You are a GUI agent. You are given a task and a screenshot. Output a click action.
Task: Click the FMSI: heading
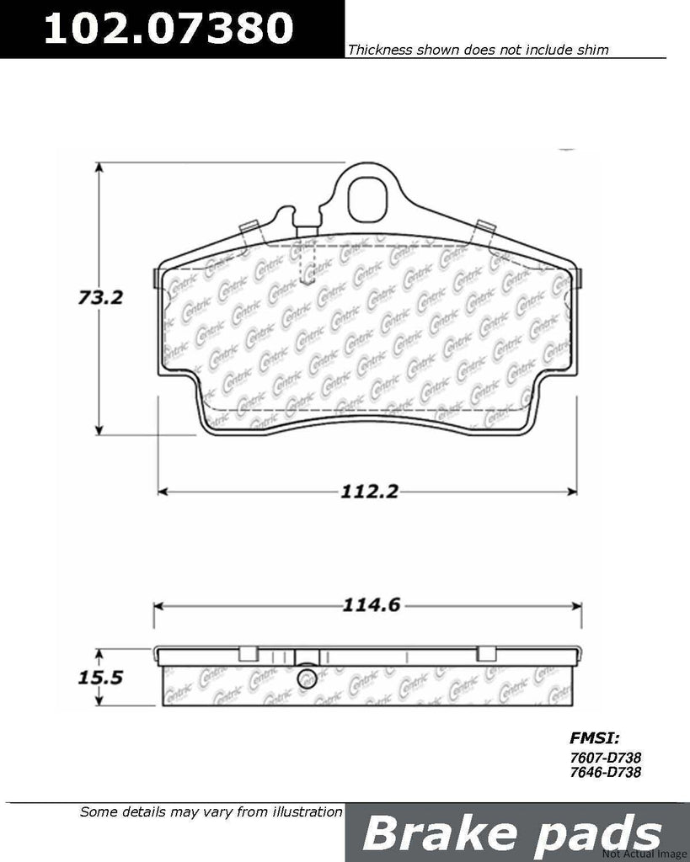595,738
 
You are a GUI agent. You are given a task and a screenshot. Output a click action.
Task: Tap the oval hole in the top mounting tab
367,198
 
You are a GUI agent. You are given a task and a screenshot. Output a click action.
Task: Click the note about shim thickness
478,51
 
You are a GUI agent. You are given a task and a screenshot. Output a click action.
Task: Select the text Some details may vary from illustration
211,813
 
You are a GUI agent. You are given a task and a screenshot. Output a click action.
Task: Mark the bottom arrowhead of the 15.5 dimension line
99,705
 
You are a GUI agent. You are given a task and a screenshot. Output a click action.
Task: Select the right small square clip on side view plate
486,653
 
